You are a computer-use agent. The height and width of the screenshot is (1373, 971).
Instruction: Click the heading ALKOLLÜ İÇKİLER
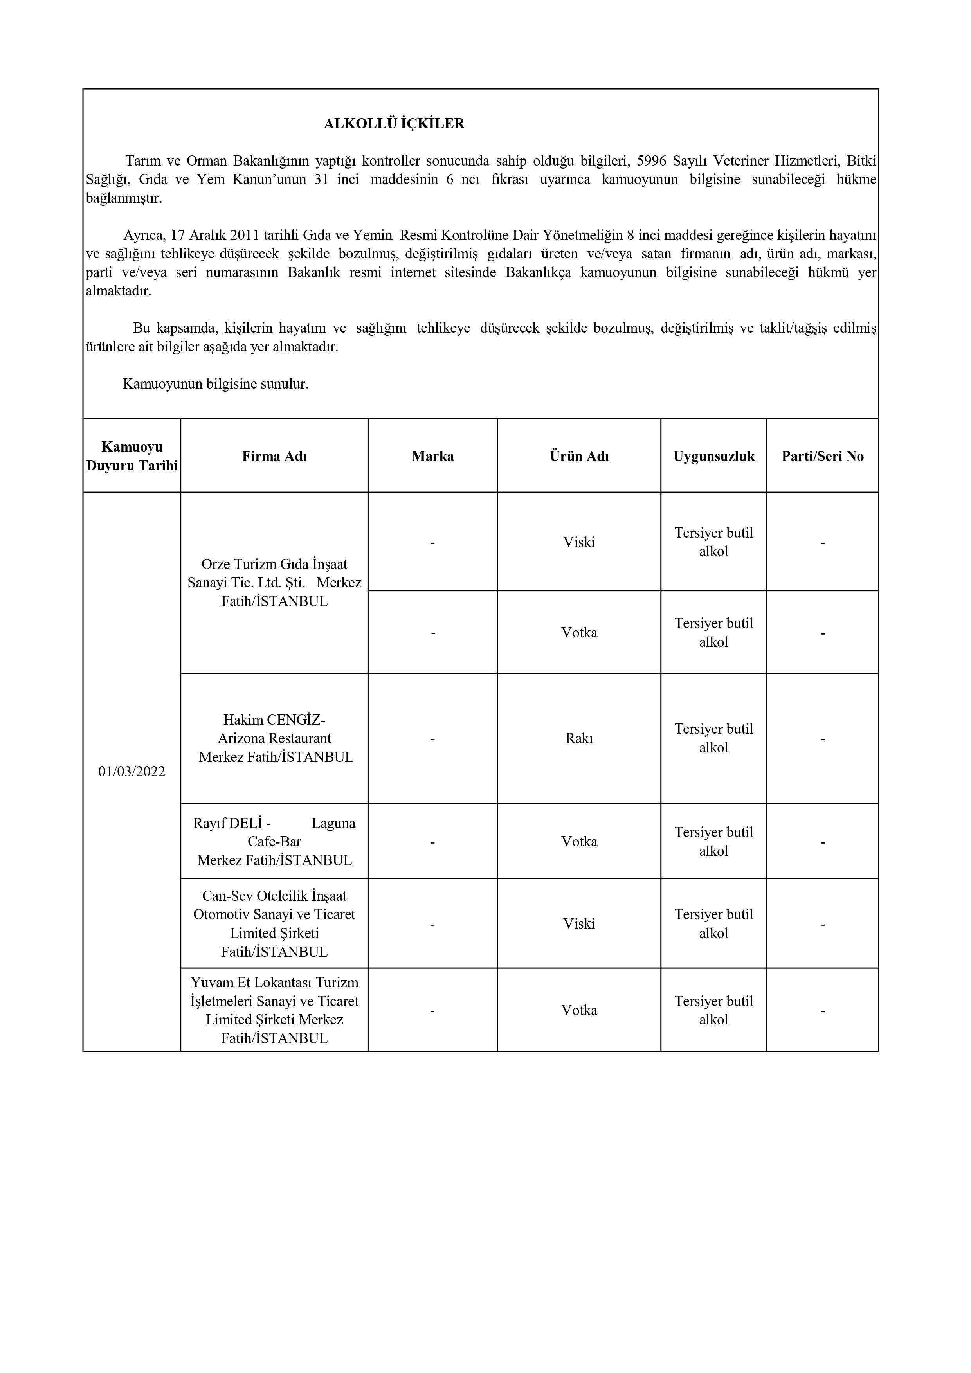click(394, 124)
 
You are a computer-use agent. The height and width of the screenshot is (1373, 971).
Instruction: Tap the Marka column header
click(432, 456)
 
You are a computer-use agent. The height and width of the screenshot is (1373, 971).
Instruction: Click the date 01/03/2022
click(132, 772)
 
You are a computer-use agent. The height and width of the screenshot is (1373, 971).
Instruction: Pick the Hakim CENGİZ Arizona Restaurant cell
click(275, 738)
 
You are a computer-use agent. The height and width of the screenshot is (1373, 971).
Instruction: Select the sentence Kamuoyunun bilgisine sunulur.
click(215, 384)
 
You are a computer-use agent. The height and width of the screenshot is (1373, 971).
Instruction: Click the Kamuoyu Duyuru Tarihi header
click(132, 456)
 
